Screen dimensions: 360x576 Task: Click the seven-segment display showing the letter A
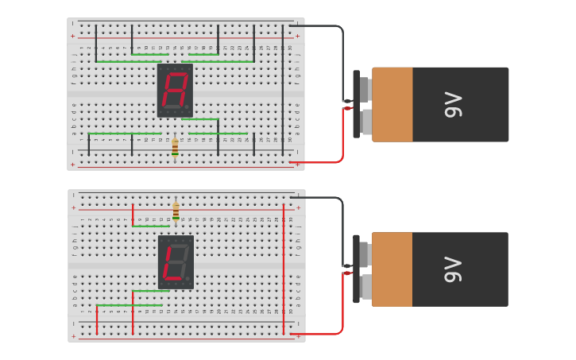tap(175, 90)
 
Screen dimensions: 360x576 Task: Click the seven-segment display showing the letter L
tap(176, 261)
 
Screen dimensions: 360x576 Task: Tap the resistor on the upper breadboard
tap(175, 147)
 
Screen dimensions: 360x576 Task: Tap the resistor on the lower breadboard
tap(176, 211)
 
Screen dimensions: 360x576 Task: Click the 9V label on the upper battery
tap(453, 104)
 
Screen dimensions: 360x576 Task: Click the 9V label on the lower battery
tap(453, 269)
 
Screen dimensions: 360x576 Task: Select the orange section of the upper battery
tap(392, 104)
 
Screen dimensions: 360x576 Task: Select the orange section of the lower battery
tap(392, 269)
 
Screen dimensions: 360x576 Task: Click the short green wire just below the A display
tap(199, 119)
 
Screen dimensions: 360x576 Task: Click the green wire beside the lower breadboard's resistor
tap(150, 226)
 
